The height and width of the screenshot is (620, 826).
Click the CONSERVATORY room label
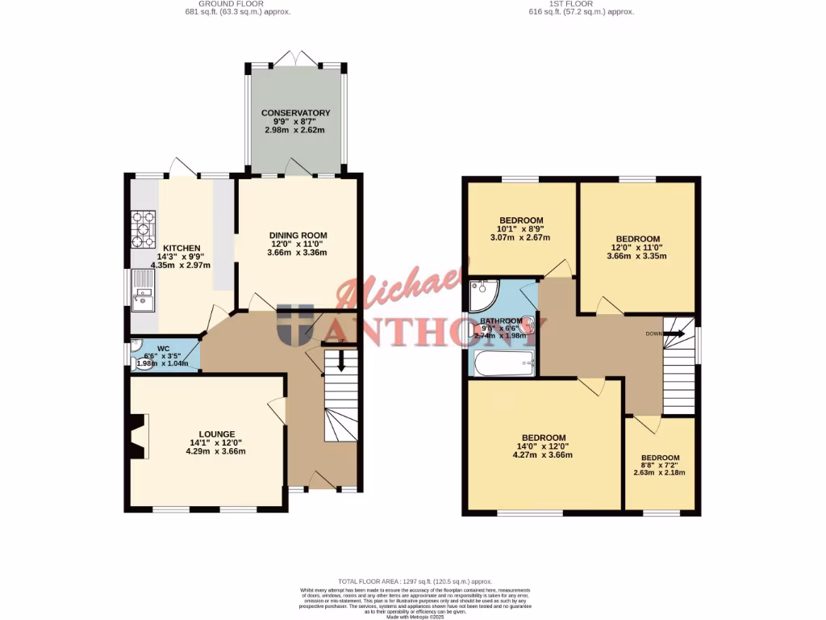(295, 113)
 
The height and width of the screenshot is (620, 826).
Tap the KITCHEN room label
(181, 248)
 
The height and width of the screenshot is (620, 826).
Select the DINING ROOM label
(298, 235)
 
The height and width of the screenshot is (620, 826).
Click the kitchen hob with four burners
(144, 229)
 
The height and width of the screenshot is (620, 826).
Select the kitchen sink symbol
(143, 291)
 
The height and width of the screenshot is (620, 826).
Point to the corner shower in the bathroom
(482, 295)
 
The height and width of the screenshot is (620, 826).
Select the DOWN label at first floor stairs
(654, 333)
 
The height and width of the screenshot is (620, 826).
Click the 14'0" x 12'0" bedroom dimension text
(543, 446)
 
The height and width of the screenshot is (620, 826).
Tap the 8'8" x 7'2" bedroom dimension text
(659, 466)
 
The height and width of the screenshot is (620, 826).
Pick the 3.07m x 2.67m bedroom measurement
(520, 237)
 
